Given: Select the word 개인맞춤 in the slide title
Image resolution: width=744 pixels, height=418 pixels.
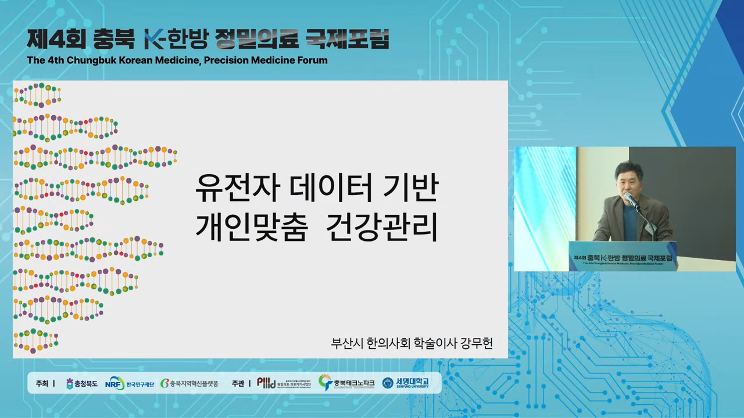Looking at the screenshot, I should point(251,227).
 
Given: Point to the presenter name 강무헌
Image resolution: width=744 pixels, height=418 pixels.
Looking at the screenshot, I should point(476,343).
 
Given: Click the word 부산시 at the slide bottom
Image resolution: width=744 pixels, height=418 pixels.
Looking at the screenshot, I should point(347,343).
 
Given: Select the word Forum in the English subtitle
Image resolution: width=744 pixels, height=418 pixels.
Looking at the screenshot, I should point(313,60).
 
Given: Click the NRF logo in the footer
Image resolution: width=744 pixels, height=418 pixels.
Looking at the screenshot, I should point(114,383).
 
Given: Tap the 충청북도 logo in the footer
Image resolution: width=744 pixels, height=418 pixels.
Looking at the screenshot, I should point(81,383).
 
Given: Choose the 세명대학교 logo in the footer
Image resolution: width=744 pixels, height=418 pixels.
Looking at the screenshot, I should point(406,383).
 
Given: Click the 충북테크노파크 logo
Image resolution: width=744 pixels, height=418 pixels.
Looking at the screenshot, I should point(346,383).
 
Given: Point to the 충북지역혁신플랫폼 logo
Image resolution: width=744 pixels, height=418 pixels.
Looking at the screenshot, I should point(189,383).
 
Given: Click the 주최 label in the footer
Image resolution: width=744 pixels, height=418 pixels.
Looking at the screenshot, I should point(42,383).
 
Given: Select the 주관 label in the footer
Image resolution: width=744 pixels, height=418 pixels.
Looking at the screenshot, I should point(238,383).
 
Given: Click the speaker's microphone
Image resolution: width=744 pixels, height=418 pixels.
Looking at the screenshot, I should point(629,200).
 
